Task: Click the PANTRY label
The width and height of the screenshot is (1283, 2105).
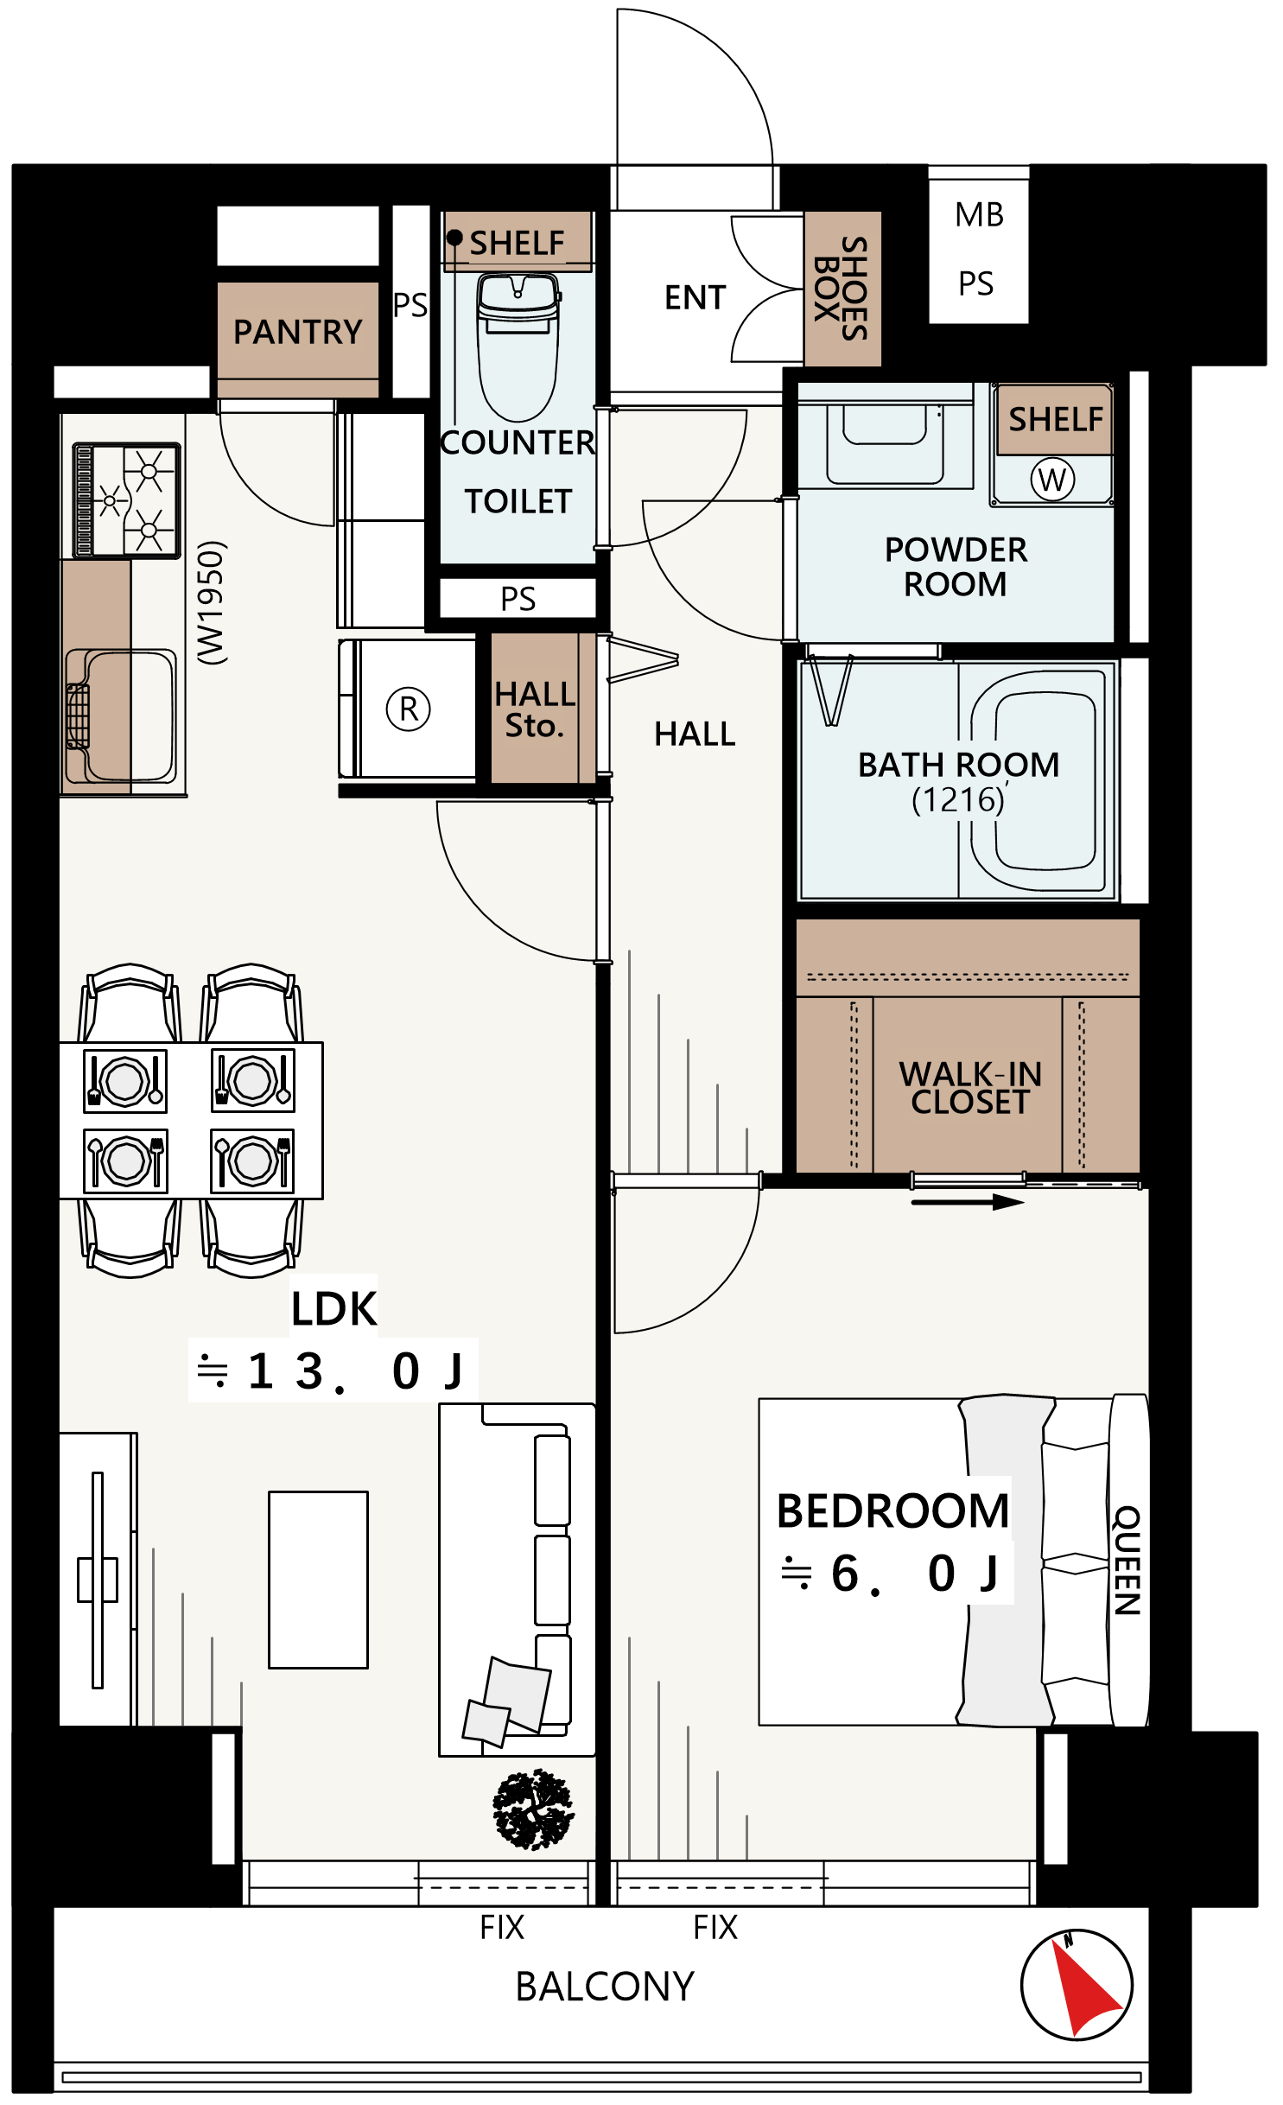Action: pos(298,332)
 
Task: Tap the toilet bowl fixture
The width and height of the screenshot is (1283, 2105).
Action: pos(518,347)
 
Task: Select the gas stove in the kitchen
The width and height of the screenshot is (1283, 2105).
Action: pos(126,500)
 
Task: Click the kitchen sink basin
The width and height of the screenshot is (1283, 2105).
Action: pos(122,716)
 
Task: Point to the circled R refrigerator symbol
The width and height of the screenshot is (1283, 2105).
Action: pos(409,709)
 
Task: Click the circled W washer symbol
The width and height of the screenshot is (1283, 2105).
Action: pos(1052,479)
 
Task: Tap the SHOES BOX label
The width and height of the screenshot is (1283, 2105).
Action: pos(842,288)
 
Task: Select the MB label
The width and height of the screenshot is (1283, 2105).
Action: pos(980,214)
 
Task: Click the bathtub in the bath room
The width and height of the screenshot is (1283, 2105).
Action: pos(1038,780)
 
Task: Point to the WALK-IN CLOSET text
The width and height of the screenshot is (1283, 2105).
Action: pos(970,1088)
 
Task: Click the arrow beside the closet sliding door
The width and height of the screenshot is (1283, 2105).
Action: pos(968,1201)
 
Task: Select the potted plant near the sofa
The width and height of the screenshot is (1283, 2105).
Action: pos(532,1808)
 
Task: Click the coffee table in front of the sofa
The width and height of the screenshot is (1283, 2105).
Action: pos(318,1579)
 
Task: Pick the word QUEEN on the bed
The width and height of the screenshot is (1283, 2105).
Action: pos(1127,1560)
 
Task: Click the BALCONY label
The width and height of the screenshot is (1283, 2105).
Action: pos(605,1987)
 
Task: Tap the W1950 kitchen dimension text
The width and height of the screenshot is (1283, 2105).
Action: pos(211,602)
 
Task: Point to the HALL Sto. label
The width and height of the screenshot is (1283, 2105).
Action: pos(535,709)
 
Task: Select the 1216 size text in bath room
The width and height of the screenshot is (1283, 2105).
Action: pos(958,800)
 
